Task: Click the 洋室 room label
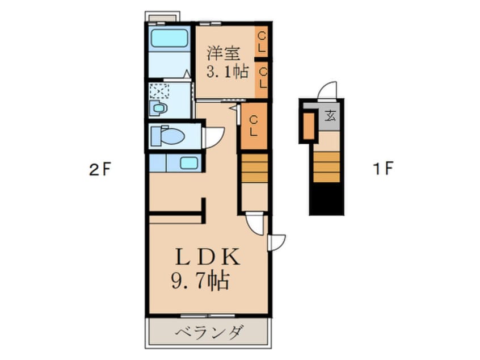click(x=223, y=54)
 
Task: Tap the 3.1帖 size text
click(x=227, y=72)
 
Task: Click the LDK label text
click(x=208, y=257)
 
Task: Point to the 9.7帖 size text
click(x=201, y=281)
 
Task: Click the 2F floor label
click(x=100, y=169)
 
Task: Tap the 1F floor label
click(x=382, y=168)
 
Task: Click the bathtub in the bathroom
click(x=169, y=38)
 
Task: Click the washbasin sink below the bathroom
click(x=158, y=108)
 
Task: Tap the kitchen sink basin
click(x=189, y=163)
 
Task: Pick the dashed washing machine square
click(x=159, y=91)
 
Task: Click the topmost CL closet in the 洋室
click(x=262, y=41)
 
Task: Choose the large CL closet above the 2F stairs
click(x=254, y=126)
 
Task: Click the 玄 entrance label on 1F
click(x=330, y=116)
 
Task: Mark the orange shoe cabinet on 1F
click(x=309, y=126)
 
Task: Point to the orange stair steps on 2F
click(x=255, y=168)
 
